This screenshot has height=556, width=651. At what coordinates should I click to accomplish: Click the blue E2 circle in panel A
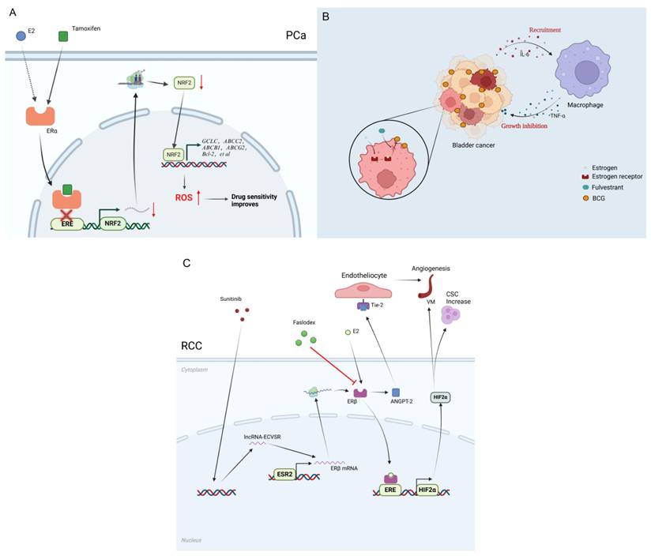click(x=21, y=36)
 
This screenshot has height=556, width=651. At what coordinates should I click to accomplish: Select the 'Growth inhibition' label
click(x=525, y=123)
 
